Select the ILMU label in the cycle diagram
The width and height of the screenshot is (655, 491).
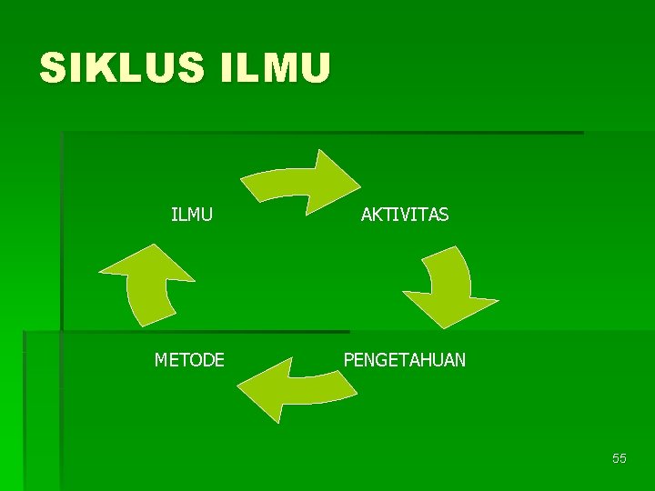click(192, 215)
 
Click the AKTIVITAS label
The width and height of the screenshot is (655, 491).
click(405, 215)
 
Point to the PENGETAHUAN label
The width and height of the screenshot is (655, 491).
click(404, 360)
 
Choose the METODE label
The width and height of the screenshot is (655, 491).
click(189, 360)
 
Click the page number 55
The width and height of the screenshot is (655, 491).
click(620, 458)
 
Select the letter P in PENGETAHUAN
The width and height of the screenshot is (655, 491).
click(348, 360)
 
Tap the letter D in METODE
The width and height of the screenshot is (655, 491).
click(206, 360)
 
